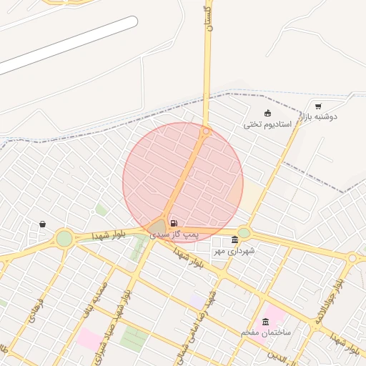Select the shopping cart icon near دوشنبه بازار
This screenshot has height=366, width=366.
318,107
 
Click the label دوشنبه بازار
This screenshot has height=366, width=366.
317,117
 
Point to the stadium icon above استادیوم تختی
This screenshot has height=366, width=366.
267,113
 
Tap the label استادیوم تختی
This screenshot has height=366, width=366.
267,124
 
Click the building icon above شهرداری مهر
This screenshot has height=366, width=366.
235,239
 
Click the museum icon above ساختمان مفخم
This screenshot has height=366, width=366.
267,322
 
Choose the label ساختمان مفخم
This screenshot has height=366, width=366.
266,333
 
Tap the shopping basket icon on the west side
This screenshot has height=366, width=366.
43,224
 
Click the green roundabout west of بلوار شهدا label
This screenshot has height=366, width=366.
64,238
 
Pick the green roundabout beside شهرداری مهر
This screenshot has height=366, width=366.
244,232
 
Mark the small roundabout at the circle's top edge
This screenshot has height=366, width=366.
206,131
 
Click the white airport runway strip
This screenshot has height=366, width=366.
68,44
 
